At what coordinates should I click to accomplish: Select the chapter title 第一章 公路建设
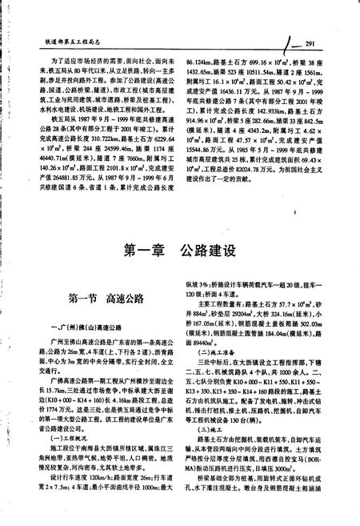tap(179, 251)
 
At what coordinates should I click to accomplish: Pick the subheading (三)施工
tap(205, 439)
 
